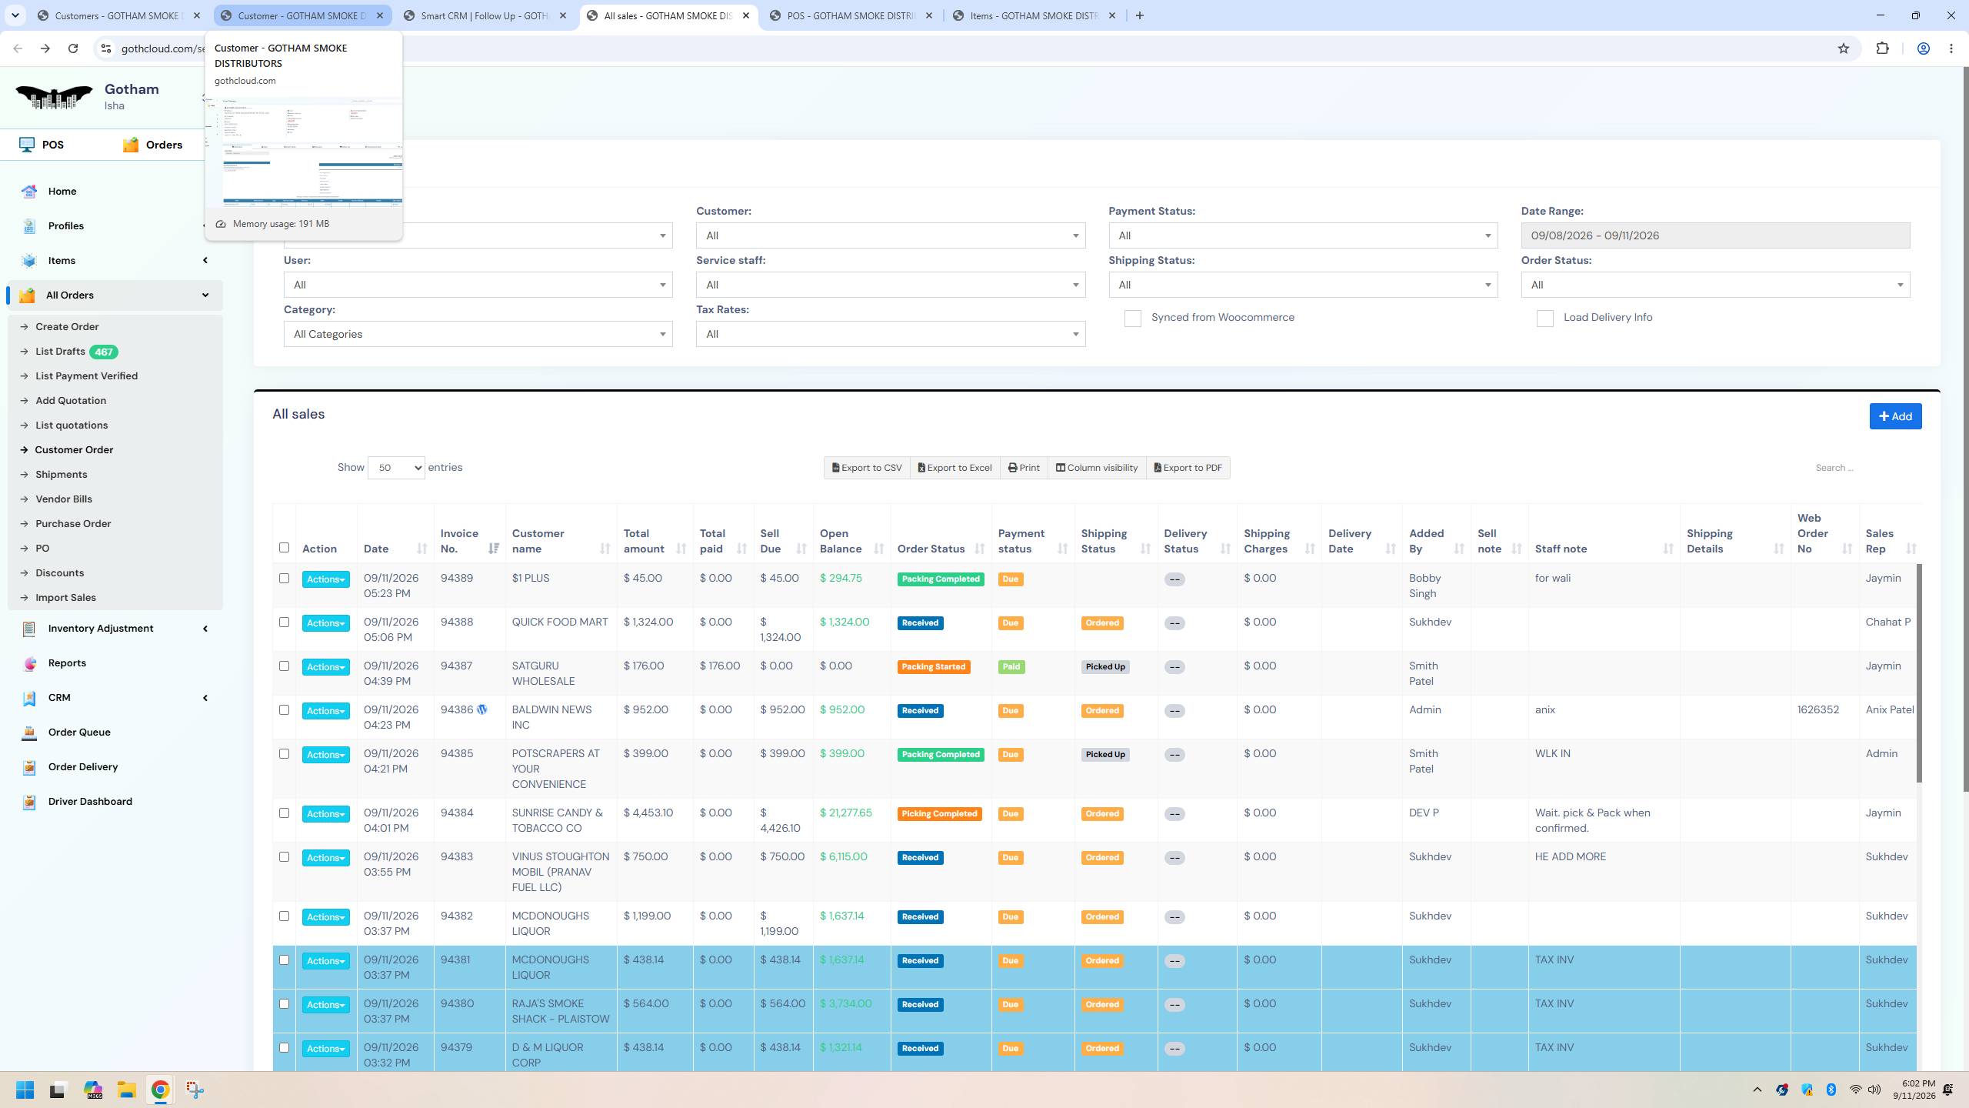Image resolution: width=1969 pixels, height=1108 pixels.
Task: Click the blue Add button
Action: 1895,416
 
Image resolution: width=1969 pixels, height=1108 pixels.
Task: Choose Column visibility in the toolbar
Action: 1096,468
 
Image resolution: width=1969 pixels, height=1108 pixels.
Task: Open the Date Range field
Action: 1715,235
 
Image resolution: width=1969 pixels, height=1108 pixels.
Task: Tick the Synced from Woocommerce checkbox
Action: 1132,319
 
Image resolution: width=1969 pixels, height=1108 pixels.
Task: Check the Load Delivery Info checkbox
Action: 1544,319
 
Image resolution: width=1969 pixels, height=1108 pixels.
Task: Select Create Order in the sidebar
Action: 67,326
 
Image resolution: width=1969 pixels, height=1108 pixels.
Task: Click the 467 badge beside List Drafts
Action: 103,352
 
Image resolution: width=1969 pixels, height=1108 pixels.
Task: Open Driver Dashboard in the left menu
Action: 90,801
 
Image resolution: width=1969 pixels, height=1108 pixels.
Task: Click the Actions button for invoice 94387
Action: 325,667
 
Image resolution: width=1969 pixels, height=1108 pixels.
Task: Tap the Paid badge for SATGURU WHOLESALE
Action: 1011,667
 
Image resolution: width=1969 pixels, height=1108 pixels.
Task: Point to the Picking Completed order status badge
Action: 939,814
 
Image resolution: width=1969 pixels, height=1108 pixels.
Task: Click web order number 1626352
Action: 1818,709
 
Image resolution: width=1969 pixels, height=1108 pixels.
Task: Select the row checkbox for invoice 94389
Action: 284,579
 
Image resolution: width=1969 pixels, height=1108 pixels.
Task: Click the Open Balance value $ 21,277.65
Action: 845,813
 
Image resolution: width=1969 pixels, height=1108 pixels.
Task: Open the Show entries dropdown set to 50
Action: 396,468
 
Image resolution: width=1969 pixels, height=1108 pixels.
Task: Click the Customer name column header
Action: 538,541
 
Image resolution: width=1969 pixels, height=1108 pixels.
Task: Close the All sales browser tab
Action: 745,15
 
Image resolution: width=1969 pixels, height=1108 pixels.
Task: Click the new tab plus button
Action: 1139,15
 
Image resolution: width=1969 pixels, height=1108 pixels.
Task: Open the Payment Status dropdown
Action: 1303,235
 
